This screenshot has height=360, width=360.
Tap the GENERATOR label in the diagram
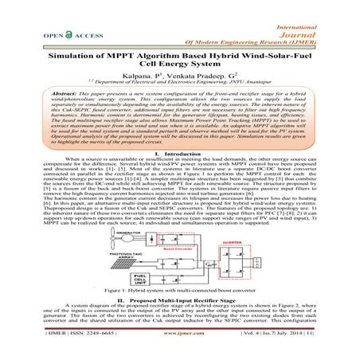coord(105,238)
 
